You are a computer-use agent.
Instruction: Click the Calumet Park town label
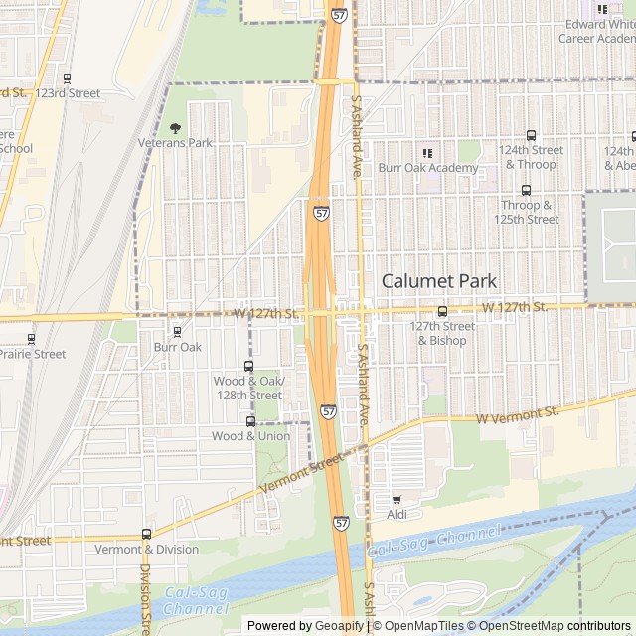[438, 281]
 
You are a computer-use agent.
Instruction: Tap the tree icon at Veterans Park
[176, 128]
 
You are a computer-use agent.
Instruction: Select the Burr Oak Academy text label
[427, 168]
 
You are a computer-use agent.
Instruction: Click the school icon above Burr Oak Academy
[427, 153]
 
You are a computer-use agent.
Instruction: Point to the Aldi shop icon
[397, 500]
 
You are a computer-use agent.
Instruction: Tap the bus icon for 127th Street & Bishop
[442, 311]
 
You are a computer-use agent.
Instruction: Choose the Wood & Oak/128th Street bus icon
[248, 366]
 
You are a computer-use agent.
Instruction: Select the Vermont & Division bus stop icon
[147, 535]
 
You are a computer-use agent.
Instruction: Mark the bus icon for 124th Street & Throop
[531, 136]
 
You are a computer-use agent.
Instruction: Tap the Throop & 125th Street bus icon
[526, 190]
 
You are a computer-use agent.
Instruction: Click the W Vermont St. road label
[518, 413]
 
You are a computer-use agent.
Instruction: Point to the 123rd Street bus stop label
[68, 93]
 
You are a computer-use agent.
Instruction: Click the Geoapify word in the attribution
[340, 626]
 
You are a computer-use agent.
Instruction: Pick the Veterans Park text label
[175, 143]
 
